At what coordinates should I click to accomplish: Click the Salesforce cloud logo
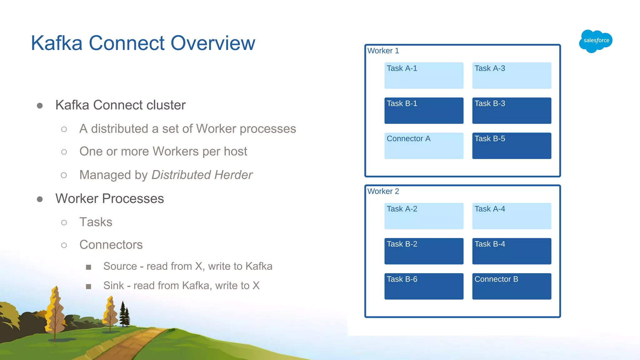pos(596,41)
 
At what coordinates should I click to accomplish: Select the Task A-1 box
pos(424,75)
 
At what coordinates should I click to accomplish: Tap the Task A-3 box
pos(512,75)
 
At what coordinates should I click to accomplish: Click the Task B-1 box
pos(424,111)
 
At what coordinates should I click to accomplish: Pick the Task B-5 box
pos(512,146)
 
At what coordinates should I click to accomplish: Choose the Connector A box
pos(424,146)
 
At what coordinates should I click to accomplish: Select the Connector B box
pos(512,286)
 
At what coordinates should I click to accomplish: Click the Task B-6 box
pos(424,286)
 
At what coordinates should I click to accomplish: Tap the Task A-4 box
pos(512,216)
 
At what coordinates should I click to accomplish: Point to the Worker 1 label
pos(383,51)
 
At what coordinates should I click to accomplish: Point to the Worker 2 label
pos(383,191)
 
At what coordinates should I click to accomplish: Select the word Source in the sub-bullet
pos(120,266)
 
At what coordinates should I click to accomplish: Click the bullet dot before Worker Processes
pos(40,199)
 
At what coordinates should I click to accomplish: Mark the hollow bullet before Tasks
pos(64,222)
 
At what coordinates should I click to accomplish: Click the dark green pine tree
pos(124,315)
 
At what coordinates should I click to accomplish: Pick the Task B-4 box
pos(512,251)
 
